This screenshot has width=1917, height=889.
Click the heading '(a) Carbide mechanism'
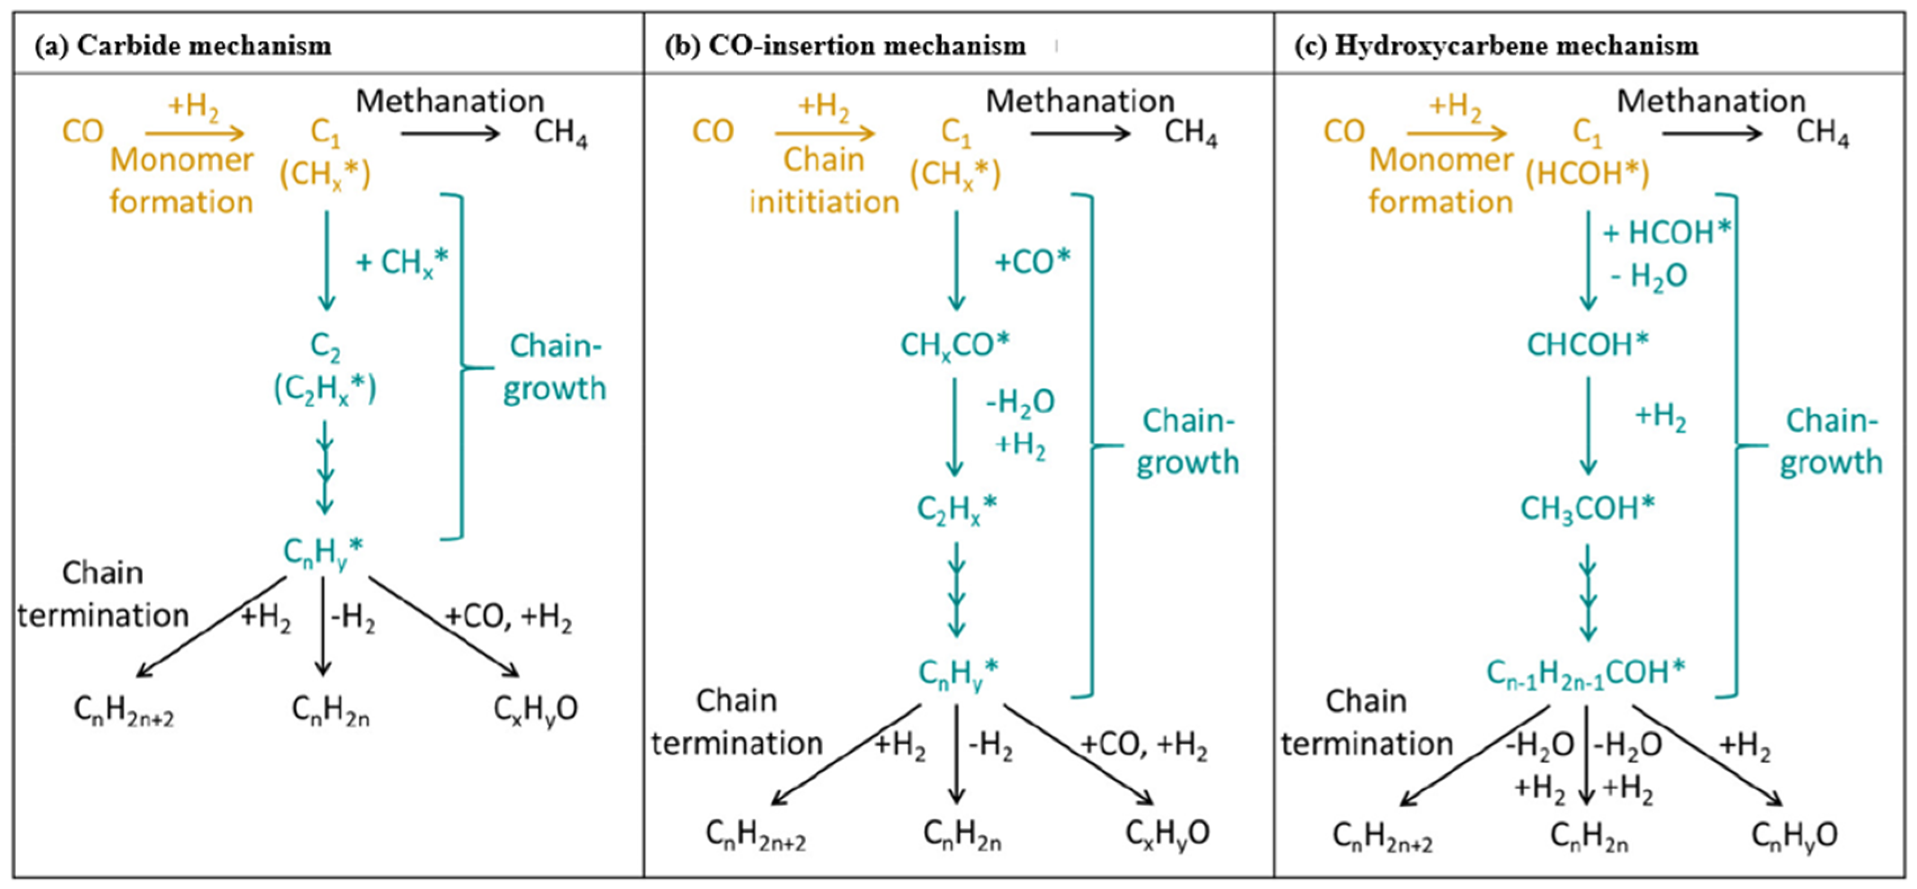click(183, 46)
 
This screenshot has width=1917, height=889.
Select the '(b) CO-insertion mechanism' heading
click(845, 46)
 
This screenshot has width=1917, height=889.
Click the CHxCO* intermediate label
click(955, 345)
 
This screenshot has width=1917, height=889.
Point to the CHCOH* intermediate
click(1588, 345)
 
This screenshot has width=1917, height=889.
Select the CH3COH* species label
click(1587, 509)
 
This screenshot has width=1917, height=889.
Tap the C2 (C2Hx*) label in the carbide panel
click(325, 368)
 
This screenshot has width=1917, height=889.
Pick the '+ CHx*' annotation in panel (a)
click(402, 263)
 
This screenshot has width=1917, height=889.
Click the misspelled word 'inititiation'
click(824, 202)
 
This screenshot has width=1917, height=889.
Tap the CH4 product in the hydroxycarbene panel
click(1822, 134)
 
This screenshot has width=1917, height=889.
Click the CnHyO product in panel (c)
click(1794, 834)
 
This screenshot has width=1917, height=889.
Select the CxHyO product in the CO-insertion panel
click(1167, 833)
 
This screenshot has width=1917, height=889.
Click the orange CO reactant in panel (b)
click(713, 132)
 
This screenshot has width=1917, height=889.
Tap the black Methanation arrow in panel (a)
click(450, 134)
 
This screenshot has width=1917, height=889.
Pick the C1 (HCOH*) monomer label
click(1587, 154)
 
